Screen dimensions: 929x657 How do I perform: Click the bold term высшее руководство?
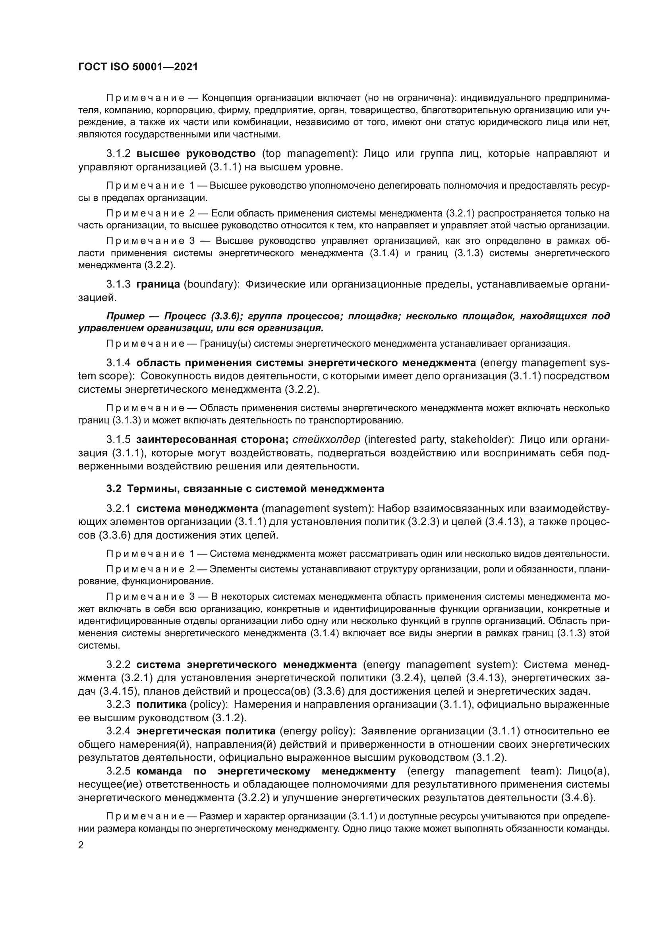pyautogui.click(x=196, y=154)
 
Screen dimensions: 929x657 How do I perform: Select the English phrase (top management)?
pyautogui.click(x=309, y=154)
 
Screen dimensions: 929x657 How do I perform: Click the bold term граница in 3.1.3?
pyautogui.click(x=158, y=284)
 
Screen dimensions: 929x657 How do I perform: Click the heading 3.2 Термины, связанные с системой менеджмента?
pyautogui.click(x=245, y=489)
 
